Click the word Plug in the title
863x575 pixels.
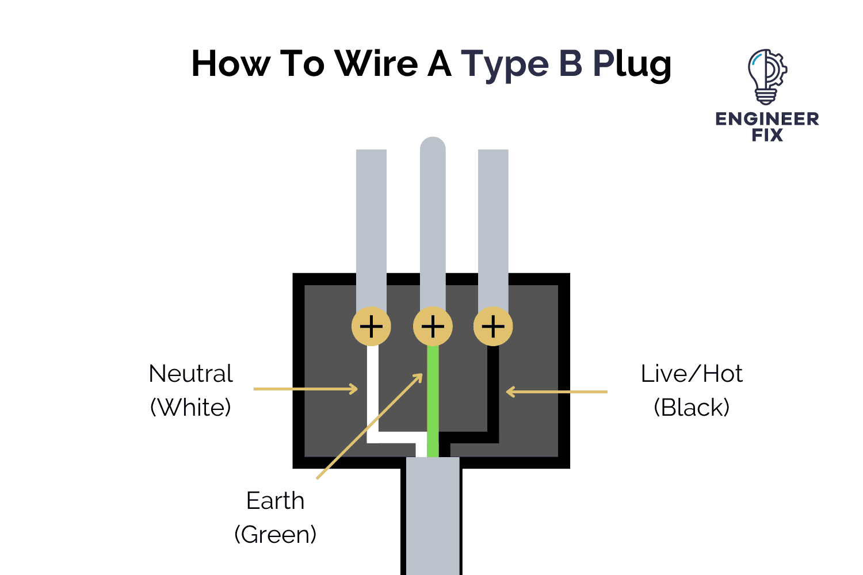632,64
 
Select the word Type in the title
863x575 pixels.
505,64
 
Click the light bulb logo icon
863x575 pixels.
767,76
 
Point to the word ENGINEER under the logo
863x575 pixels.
767,119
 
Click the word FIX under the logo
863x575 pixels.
767,136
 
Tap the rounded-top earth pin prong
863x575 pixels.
433,218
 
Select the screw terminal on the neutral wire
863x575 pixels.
371,327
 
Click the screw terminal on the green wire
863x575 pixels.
433,327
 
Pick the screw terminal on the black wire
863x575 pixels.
493,327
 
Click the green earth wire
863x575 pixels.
433,397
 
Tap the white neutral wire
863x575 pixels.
373,397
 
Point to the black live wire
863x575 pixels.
493,397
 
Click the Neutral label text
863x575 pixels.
190,374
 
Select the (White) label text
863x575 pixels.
190,408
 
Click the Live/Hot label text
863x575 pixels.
692,374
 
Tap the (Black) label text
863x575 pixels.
692,408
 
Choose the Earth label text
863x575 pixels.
275,501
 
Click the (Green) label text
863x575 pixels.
275,535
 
